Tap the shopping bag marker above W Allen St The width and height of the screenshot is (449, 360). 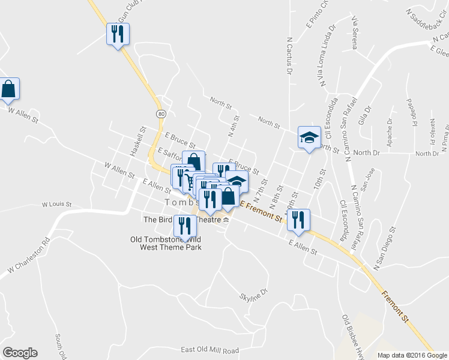[x=10, y=89]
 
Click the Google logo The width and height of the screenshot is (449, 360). [x=20, y=353]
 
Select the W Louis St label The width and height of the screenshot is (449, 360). [x=56, y=205]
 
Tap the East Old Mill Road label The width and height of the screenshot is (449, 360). [x=209, y=350]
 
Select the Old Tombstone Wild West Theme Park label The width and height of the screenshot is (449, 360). [x=166, y=243]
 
